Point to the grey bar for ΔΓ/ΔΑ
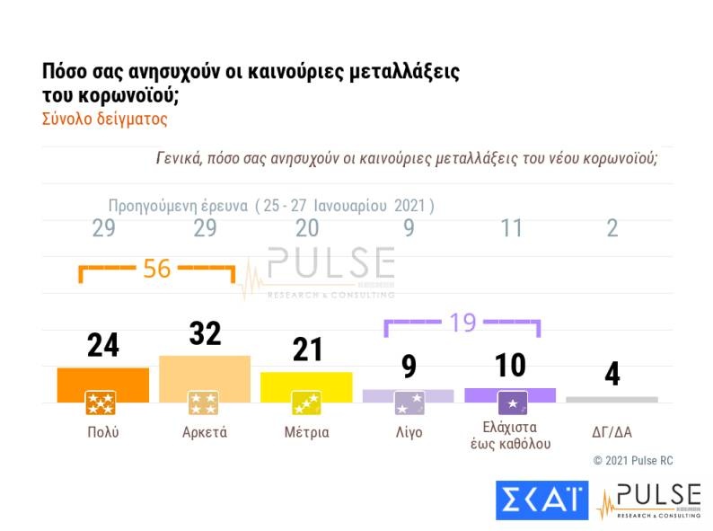(612, 399)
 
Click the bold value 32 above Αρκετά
(205, 334)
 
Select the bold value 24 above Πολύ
(103, 346)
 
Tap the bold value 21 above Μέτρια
(307, 350)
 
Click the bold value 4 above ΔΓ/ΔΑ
(612, 374)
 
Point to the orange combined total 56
(157, 269)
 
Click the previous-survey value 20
(307, 228)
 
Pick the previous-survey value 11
(511, 228)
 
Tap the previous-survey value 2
(612, 228)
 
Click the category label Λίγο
(409, 432)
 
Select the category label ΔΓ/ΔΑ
(612, 432)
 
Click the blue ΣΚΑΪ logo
(542, 500)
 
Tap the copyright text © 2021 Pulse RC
(632, 461)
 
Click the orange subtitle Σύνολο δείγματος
(105, 118)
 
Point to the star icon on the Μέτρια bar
(307, 403)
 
